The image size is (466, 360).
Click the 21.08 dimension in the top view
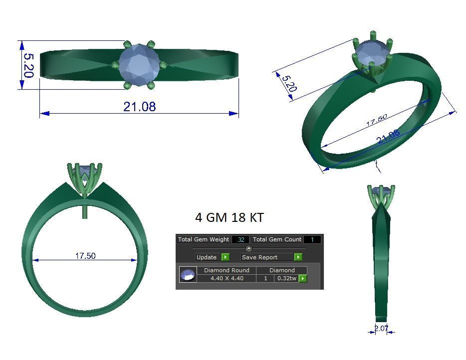point(139,106)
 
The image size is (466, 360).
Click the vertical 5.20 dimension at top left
point(27,65)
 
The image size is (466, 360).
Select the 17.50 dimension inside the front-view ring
point(85,256)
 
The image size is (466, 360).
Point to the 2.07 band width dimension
point(382,328)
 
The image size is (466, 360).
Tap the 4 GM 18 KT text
point(229,217)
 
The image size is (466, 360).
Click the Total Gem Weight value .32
point(240,239)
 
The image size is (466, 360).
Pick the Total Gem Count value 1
point(312,239)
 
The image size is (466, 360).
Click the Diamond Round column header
point(227,270)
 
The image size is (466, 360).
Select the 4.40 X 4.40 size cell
point(227,278)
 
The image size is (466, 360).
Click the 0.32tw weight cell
point(286,278)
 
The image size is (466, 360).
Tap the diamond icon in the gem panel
point(188,275)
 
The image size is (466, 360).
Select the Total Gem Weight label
point(204,239)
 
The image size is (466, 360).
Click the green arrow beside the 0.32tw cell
point(302,278)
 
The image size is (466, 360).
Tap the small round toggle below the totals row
point(249,248)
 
